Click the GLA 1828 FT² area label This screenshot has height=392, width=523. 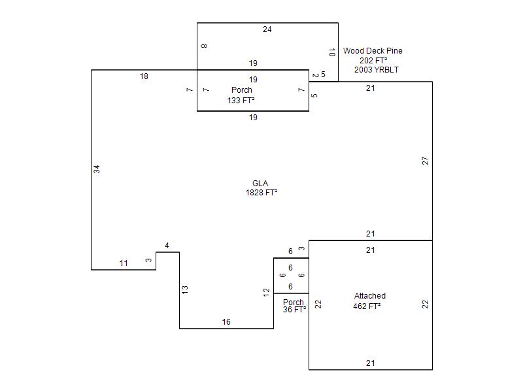[x=260, y=188]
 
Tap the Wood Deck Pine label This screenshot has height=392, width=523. [x=373, y=51]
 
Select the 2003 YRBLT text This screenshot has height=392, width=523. [x=377, y=69]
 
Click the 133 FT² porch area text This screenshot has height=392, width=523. [x=241, y=101]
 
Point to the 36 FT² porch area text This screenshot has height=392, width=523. [x=295, y=310]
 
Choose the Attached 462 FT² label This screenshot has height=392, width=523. [x=369, y=301]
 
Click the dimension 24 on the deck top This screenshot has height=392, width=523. [x=267, y=29]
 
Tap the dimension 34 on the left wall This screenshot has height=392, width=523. [x=97, y=169]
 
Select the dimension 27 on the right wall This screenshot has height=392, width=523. [x=426, y=160]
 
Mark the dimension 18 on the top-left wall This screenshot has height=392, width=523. [x=144, y=76]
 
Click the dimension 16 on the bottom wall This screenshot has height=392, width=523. [x=226, y=322]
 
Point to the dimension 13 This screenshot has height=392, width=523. [x=185, y=289]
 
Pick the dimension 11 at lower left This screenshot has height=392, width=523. [x=124, y=263]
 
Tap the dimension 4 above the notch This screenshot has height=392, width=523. [x=167, y=246]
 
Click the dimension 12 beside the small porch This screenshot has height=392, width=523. [x=267, y=292]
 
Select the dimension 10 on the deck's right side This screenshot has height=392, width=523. [x=332, y=52]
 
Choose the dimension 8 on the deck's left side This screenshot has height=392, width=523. [x=204, y=46]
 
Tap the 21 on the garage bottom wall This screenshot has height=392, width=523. [x=370, y=363]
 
